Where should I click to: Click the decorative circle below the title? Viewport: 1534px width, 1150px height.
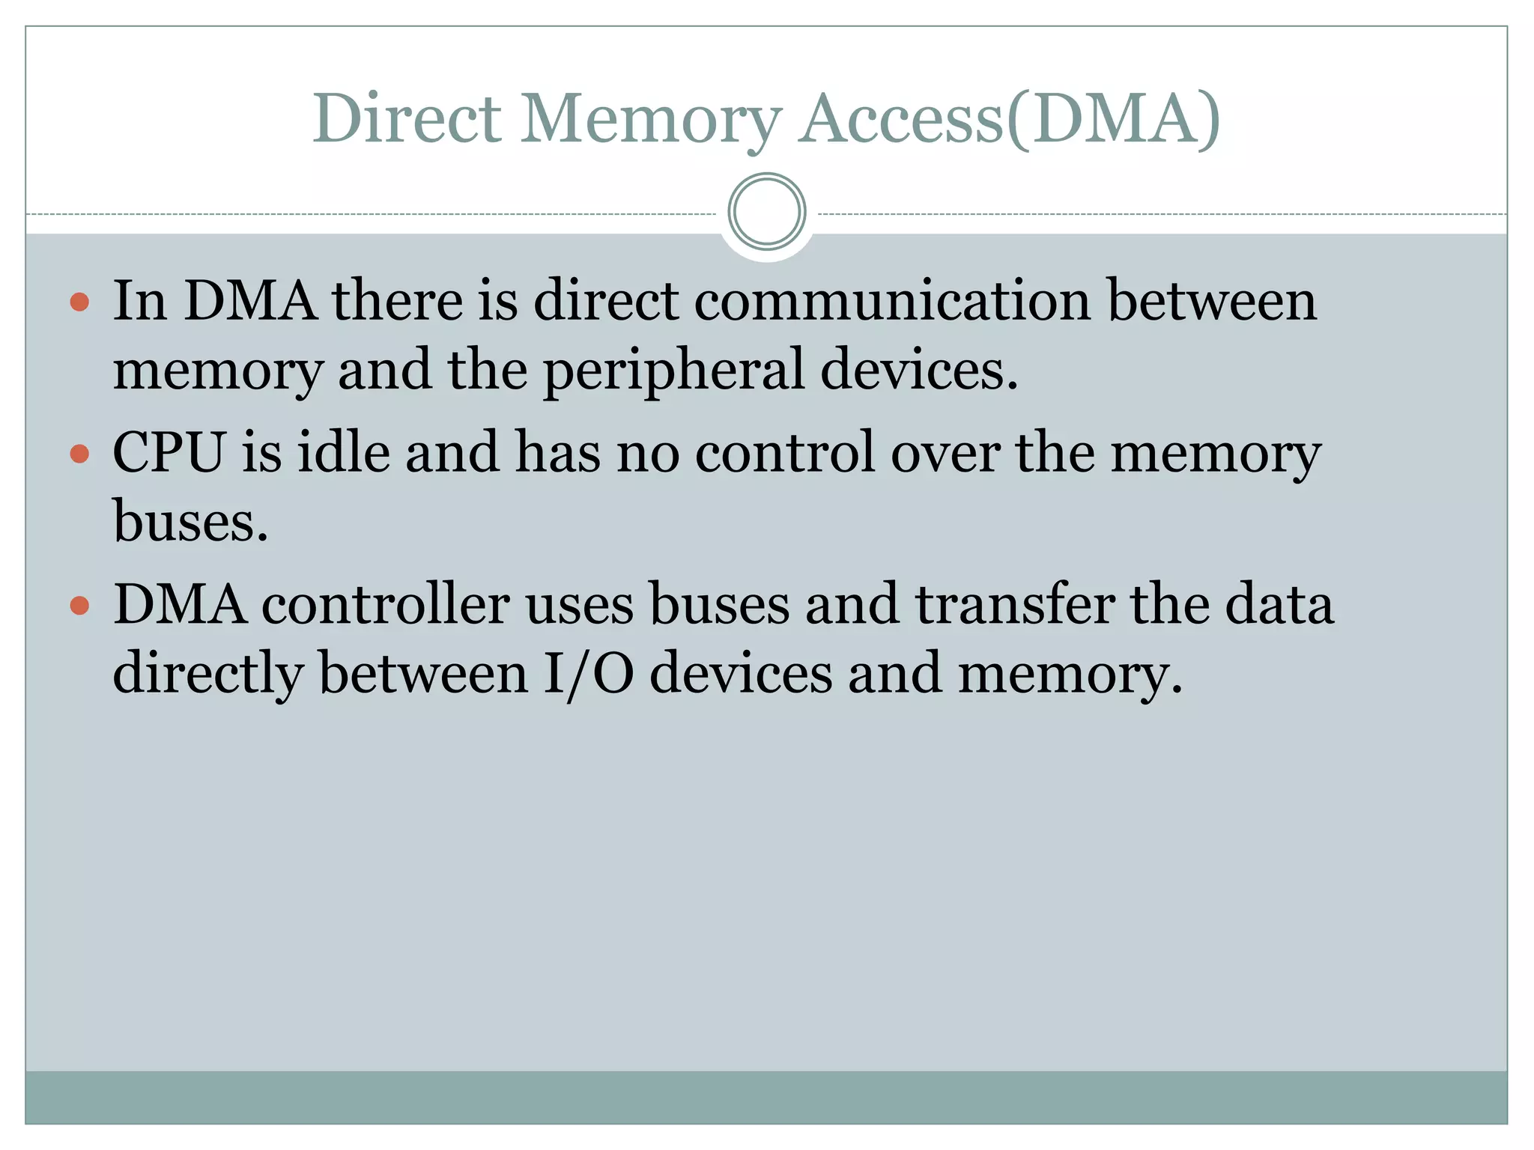point(766,212)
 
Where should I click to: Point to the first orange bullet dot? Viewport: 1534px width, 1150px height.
point(79,302)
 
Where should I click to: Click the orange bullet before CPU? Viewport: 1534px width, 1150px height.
point(79,454)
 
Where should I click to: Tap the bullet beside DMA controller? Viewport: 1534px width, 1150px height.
point(79,605)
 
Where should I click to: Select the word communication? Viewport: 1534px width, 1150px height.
point(891,301)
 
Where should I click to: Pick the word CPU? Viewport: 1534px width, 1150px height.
point(169,452)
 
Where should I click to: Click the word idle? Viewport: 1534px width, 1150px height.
point(344,452)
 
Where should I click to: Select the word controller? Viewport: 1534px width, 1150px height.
point(386,604)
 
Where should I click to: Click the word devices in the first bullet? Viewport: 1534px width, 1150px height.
point(918,370)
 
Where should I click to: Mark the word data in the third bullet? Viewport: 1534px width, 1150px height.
point(1279,604)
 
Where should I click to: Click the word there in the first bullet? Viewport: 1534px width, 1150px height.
point(398,301)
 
